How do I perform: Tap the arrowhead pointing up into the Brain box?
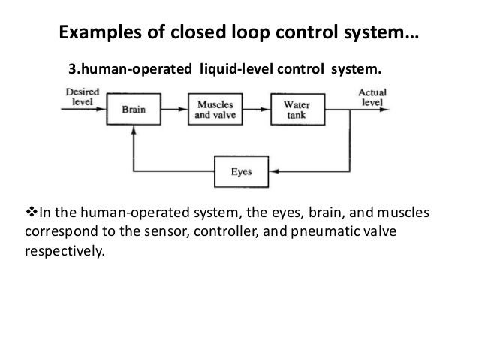pos(133,129)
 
